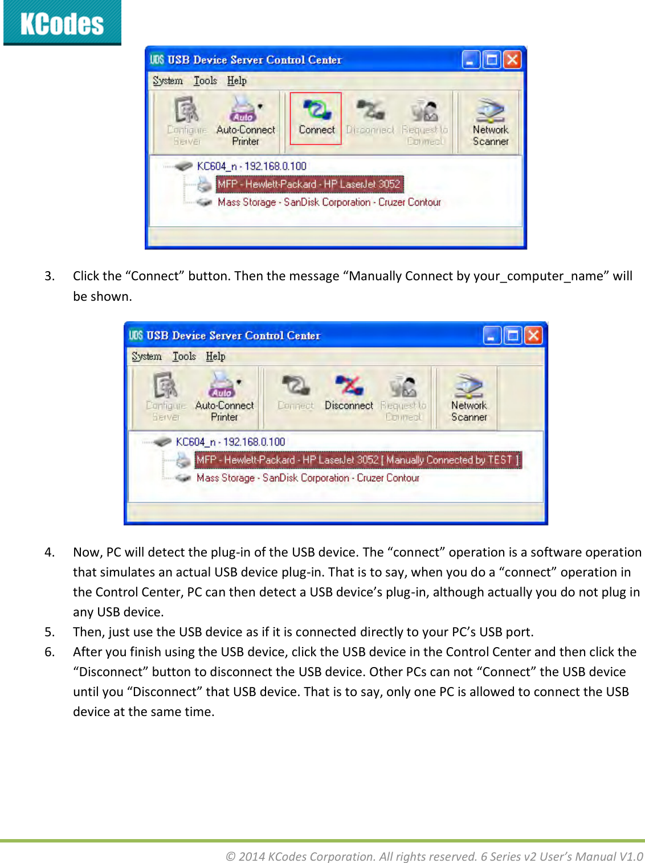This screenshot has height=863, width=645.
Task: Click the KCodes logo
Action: pyautogui.click(x=62, y=23)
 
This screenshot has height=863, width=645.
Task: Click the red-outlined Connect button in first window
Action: pyautogui.click(x=316, y=118)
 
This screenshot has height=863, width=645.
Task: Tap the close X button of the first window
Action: pyautogui.click(x=512, y=60)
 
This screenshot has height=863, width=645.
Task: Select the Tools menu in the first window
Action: pyautogui.click(x=205, y=81)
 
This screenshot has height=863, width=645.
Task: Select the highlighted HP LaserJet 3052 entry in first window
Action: pyautogui.click(x=309, y=184)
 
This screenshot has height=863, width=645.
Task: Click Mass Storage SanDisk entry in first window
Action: pyautogui.click(x=329, y=202)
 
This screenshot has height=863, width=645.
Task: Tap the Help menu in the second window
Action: pyautogui.click(x=215, y=357)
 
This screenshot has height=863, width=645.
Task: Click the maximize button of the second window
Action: pyautogui.click(x=513, y=336)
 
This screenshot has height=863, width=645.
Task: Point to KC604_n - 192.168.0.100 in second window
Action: pyautogui.click(x=230, y=442)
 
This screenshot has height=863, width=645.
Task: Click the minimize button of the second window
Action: pyautogui.click(x=492, y=336)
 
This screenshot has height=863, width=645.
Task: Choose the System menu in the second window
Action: pyautogui.click(x=146, y=357)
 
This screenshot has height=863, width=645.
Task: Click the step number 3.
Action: pyautogui.click(x=50, y=276)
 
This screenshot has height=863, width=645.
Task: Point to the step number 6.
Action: pyautogui.click(x=50, y=652)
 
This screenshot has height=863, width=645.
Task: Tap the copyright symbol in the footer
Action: pyautogui.click(x=231, y=857)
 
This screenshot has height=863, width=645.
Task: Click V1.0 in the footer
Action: pyautogui.click(x=631, y=857)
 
